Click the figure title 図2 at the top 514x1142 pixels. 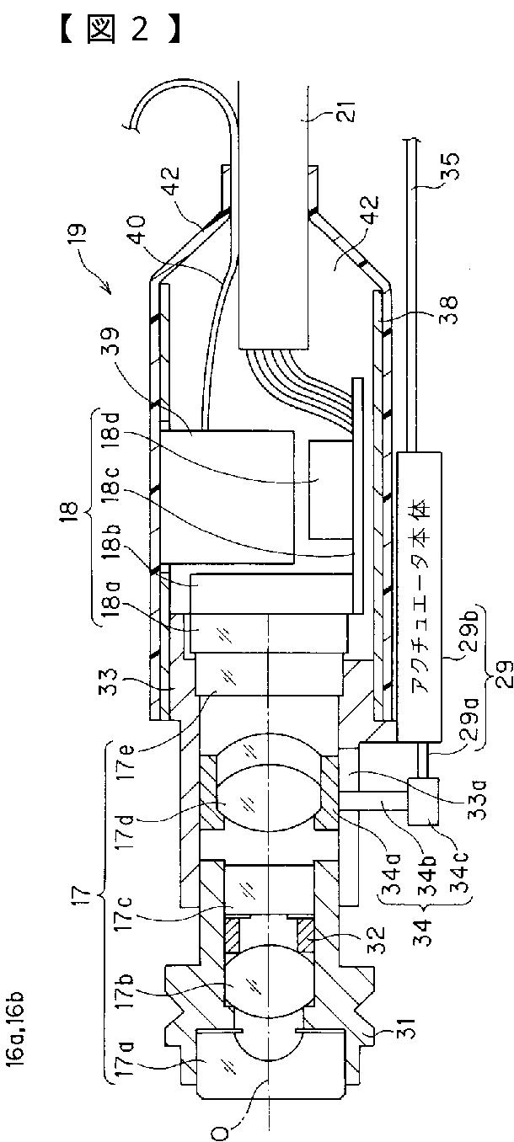point(120,30)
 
